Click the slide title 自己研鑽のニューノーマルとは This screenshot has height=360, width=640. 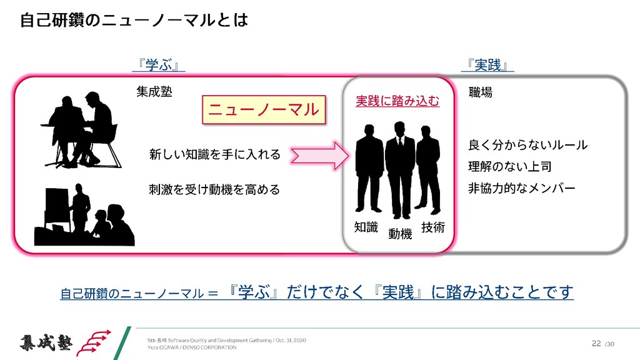[134, 21]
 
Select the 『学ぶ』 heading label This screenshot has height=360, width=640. [161, 64]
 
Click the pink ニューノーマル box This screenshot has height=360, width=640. [263, 111]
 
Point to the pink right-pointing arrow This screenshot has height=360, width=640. [318, 154]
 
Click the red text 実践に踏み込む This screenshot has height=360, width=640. [397, 101]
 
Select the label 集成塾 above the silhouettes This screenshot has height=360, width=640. [154, 92]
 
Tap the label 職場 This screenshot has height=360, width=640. [481, 92]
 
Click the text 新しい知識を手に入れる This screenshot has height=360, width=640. [215, 154]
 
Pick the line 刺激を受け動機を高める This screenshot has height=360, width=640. [214, 189]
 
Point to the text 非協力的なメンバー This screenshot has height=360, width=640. [522, 188]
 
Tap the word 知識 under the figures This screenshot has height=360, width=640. [366, 227]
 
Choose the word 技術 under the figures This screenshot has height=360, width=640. [433, 227]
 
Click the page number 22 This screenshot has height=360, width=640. [596, 343]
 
